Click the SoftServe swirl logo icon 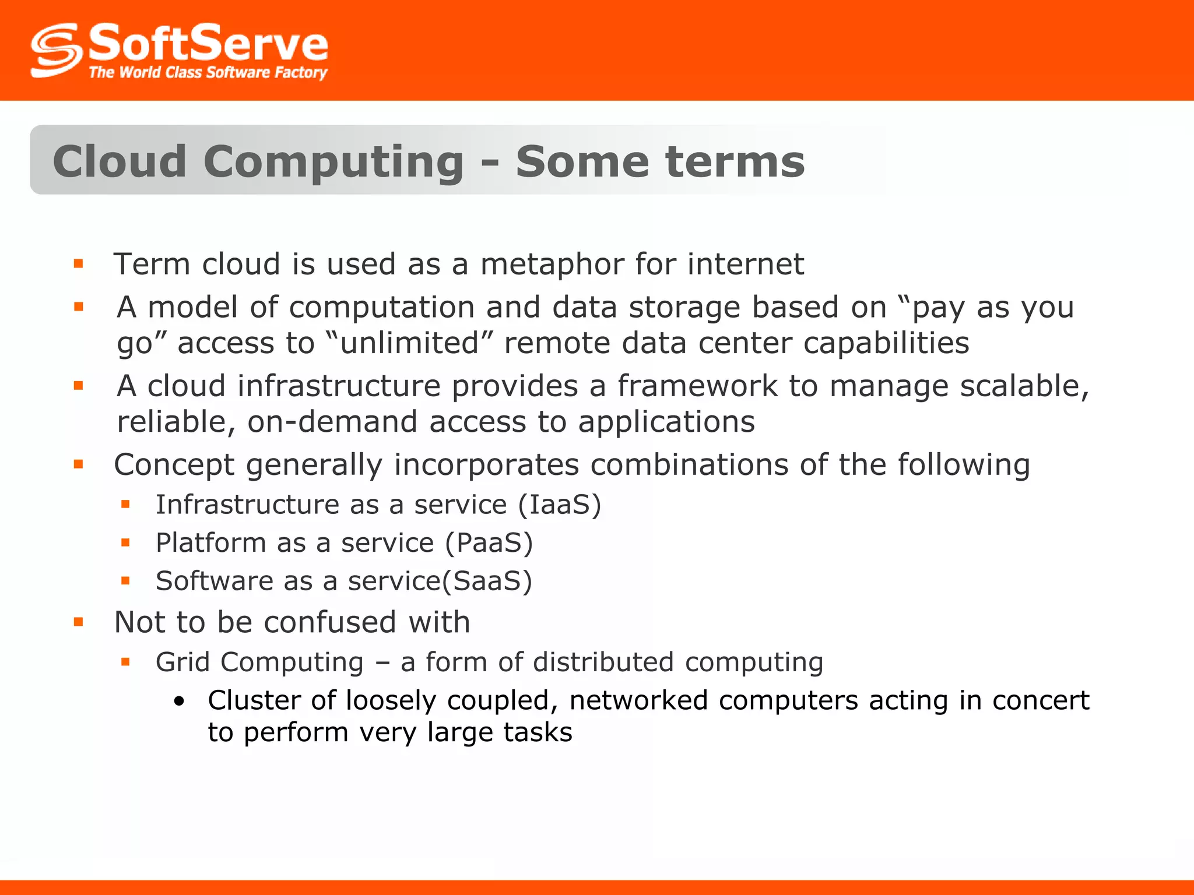[x=56, y=50]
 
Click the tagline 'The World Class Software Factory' [x=208, y=72]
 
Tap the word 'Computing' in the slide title [x=333, y=162]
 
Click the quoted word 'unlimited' [x=410, y=343]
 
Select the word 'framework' [x=697, y=386]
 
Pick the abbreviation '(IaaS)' [x=560, y=505]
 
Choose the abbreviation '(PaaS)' [x=489, y=543]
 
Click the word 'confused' [x=330, y=622]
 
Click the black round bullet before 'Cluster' [x=180, y=702]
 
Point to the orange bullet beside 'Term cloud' [x=79, y=265]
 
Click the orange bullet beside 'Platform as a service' [x=125, y=543]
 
